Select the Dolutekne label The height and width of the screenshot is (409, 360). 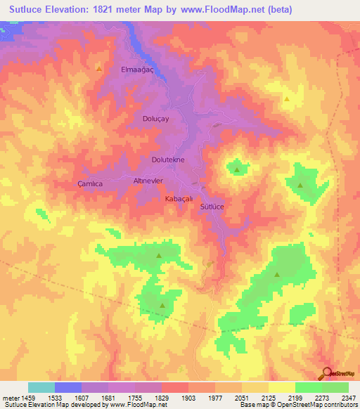[x=168, y=160]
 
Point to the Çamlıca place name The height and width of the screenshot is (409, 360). [x=90, y=183]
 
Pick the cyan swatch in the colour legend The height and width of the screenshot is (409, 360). [x=41, y=387]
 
